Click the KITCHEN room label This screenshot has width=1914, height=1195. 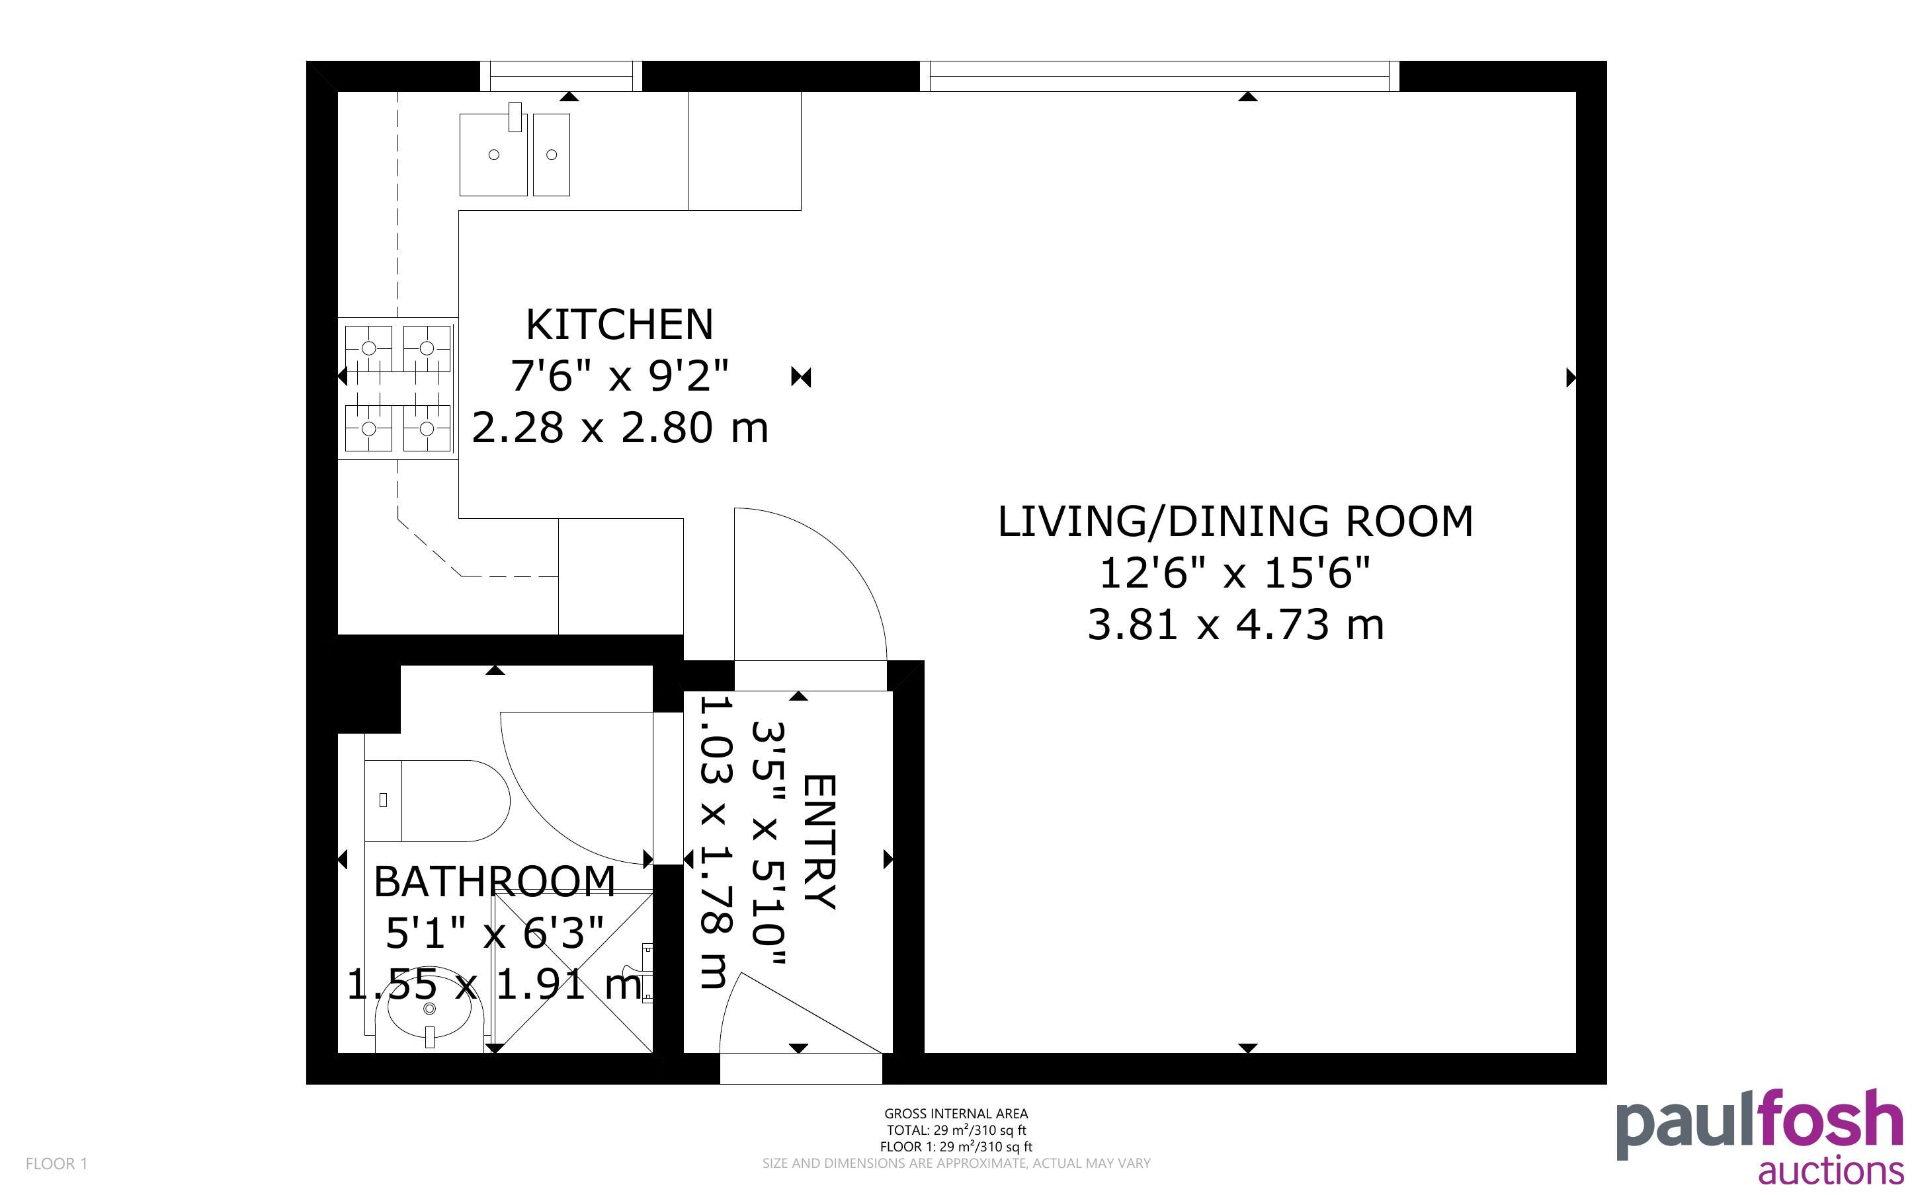619,324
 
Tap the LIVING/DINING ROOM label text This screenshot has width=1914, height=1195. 1235,521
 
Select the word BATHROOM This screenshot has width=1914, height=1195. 494,881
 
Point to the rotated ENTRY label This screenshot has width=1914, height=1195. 819,843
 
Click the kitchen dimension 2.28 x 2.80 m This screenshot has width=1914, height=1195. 620,428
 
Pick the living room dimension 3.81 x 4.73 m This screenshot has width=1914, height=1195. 1235,625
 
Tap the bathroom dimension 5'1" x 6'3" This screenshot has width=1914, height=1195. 495,933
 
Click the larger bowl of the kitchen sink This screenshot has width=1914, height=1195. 493,154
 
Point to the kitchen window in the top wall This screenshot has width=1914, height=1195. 561,76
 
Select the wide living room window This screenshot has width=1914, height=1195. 1159,76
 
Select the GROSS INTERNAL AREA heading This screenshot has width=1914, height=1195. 956,1114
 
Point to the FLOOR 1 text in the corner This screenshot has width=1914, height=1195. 56,1164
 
